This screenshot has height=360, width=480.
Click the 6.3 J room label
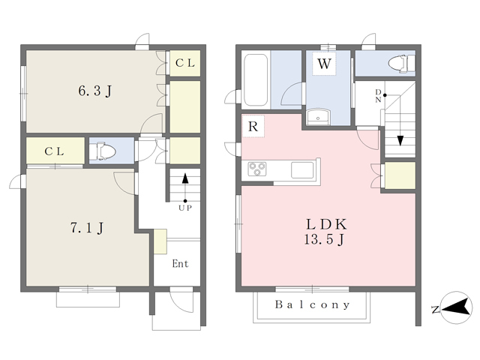[95, 91]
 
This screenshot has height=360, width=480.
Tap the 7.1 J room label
[87, 228]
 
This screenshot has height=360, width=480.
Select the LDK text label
[326, 224]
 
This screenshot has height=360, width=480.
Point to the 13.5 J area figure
[325, 239]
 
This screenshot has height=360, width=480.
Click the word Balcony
[312, 304]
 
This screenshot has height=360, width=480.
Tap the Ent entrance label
[180, 263]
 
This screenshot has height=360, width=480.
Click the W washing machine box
[324, 64]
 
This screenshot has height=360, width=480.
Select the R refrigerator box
[253, 126]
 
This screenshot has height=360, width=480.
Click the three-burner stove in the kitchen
[257, 169]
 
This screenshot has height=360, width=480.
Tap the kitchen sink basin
[302, 170]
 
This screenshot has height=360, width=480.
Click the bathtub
[256, 80]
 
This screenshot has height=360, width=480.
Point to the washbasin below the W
[318, 118]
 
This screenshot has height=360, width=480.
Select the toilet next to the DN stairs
[401, 64]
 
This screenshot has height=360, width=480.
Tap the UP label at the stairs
[185, 208]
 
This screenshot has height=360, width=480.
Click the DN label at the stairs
[378, 96]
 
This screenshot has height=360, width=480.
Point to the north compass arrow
[456, 307]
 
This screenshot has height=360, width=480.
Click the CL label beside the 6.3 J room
[185, 63]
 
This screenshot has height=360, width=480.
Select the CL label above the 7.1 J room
[54, 151]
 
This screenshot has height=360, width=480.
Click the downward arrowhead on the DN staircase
[400, 140]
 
